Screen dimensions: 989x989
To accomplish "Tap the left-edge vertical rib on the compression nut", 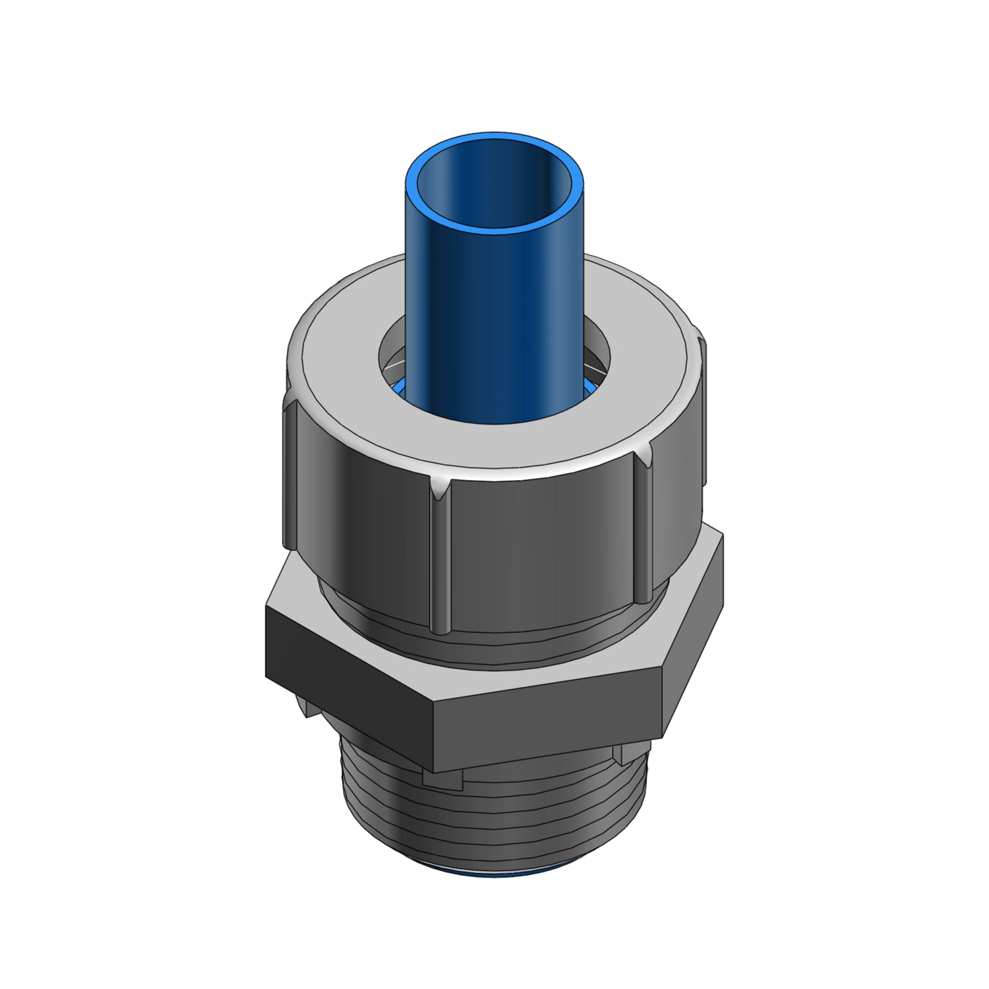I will (x=288, y=475).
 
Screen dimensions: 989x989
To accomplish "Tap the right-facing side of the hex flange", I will (x=692, y=633).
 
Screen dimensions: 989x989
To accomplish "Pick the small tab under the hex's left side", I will (x=307, y=705).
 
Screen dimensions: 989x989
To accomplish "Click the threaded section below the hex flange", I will (x=494, y=824).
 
